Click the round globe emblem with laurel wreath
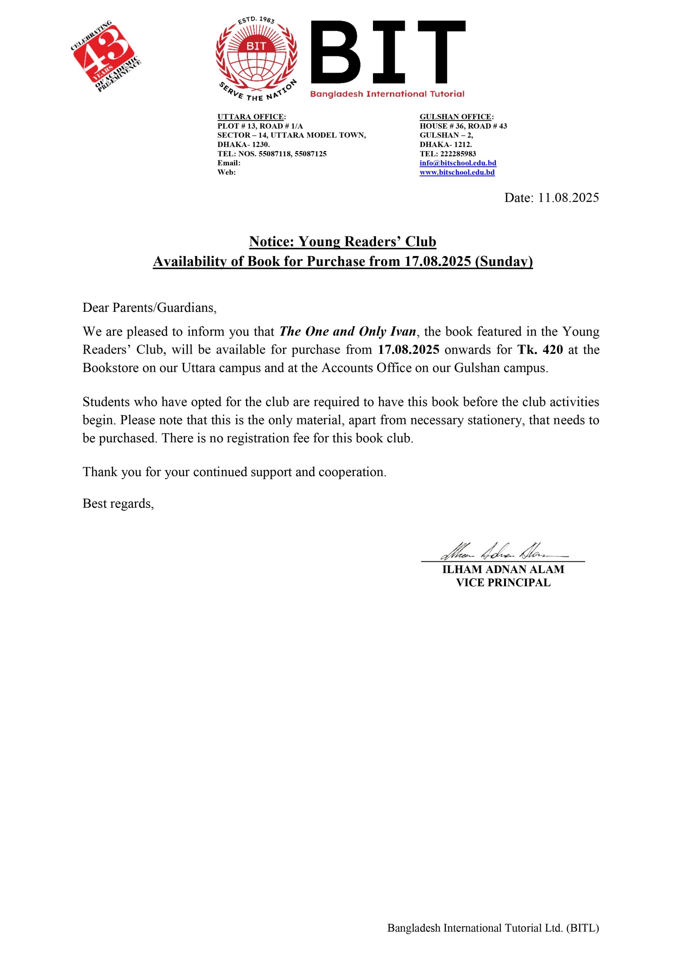pos(256,59)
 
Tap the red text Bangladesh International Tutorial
pos(387,94)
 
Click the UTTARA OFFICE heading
pos(251,117)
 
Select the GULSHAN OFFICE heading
pos(456,117)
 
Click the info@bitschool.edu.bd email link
pos(457,163)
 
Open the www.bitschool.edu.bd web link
pos(457,172)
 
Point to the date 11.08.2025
pos(568,198)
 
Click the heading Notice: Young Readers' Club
pos(343,241)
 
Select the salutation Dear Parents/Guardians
pos(150,308)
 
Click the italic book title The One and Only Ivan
pos(347,332)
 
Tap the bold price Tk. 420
pos(540,350)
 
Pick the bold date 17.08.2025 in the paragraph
pos(408,350)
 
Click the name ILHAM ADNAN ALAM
pos(503,570)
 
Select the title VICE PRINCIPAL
pos(503,583)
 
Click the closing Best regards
pos(118,503)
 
